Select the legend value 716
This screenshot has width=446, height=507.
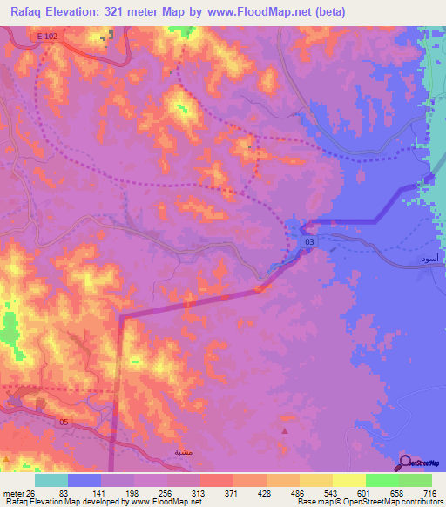[429, 493]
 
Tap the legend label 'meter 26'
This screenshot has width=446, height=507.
[17, 493]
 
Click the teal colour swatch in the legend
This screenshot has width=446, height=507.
[51, 480]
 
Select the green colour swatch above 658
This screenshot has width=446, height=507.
[382, 480]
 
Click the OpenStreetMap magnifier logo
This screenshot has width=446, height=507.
[406, 463]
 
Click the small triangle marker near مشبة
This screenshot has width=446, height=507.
[284, 430]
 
